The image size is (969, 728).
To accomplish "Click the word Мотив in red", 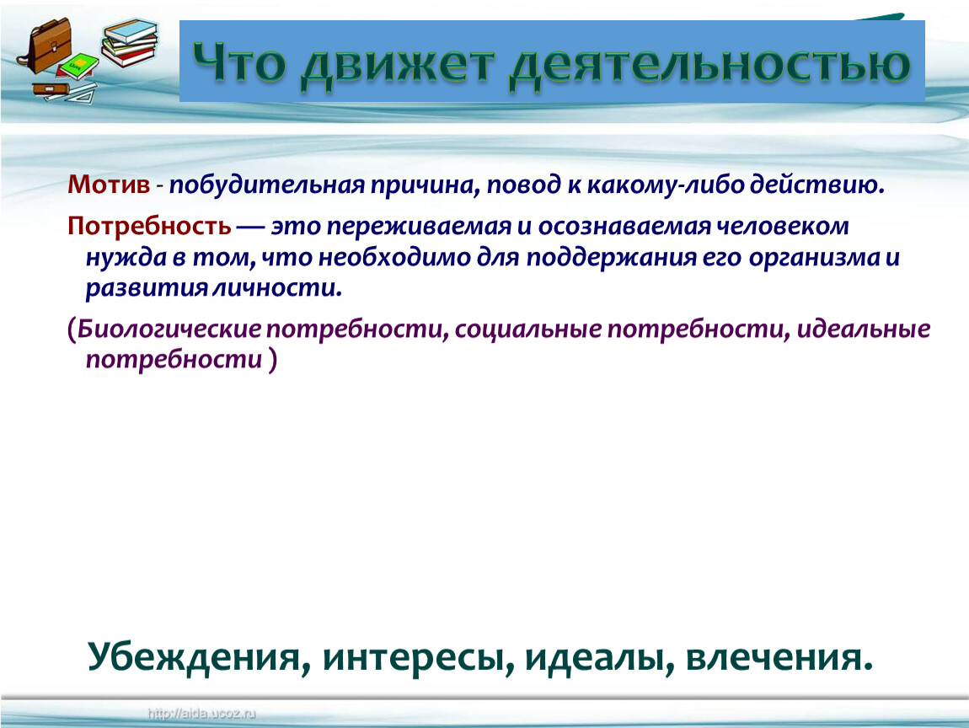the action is pos(109,185).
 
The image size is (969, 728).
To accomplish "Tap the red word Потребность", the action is pos(149,227).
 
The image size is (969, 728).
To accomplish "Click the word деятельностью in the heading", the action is pos(710,64).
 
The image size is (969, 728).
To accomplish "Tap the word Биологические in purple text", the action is pos(169,329).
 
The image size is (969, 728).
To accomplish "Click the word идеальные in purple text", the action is pos(864,329).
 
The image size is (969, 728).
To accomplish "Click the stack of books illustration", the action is pos(129,43).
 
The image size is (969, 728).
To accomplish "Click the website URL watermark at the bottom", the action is pos(201,714).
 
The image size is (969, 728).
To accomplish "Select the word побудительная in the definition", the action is pos(267,185).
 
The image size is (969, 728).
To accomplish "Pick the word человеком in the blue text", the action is pos(783,226).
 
